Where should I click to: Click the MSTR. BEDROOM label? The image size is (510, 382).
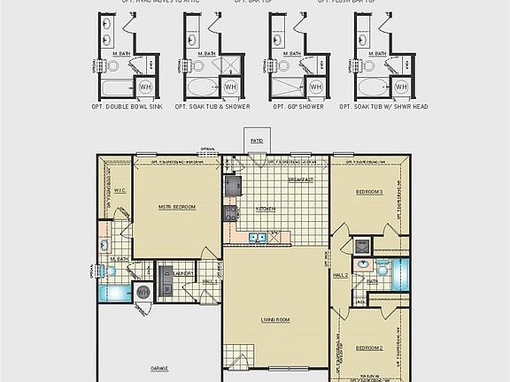177,206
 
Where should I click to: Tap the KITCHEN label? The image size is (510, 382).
266,209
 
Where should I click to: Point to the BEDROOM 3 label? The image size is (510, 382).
369,191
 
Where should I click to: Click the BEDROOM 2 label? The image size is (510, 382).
369,348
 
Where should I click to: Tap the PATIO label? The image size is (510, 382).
257,141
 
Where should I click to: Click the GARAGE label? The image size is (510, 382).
159,367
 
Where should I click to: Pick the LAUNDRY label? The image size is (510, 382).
184,274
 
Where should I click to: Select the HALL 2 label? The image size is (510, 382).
341,276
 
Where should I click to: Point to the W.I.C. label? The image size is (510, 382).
122,190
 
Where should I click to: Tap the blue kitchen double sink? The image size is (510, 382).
257,237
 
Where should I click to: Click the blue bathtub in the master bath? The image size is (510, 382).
113,293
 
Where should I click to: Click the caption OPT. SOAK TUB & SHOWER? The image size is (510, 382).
212,106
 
